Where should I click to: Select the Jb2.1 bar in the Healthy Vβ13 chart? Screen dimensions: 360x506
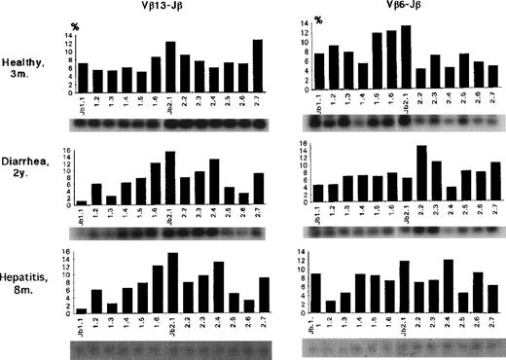click(x=170, y=65)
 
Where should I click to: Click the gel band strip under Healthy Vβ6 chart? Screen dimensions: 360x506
click(x=404, y=125)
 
